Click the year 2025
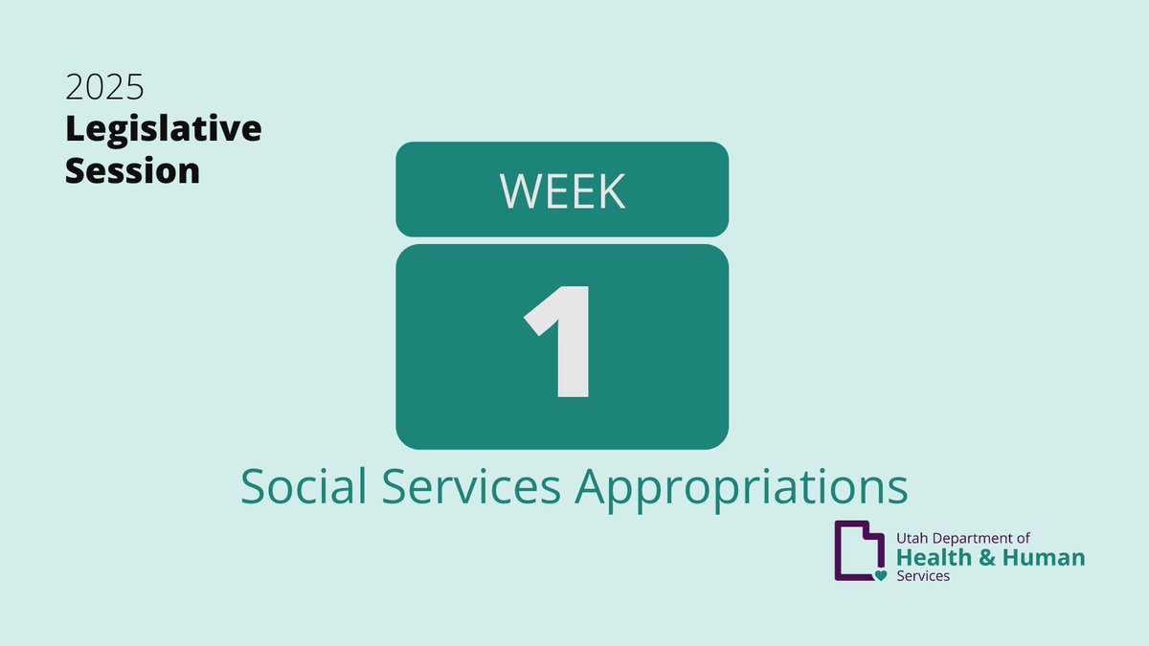coord(104,89)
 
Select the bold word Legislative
coord(163,130)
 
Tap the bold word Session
coord(132,171)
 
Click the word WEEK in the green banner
coord(562,191)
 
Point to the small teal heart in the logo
coord(881,575)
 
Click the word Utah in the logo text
coord(912,540)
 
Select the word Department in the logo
coord(975,540)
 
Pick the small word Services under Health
coord(923,576)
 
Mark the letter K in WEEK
coord(611,191)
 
